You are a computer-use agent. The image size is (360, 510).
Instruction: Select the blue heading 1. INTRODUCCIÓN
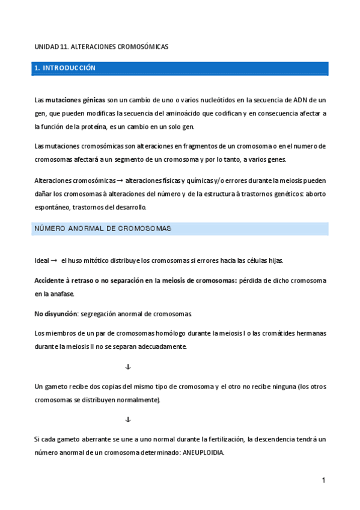click(x=65, y=69)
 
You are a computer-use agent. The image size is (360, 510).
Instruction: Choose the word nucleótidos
click(x=180, y=100)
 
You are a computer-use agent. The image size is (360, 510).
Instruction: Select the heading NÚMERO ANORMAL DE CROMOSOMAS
click(x=103, y=229)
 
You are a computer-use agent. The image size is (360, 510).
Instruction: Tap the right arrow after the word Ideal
click(x=54, y=260)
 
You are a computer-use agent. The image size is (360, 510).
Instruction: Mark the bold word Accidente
click(x=53, y=281)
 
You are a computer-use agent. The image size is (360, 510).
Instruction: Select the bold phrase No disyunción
click(x=56, y=314)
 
